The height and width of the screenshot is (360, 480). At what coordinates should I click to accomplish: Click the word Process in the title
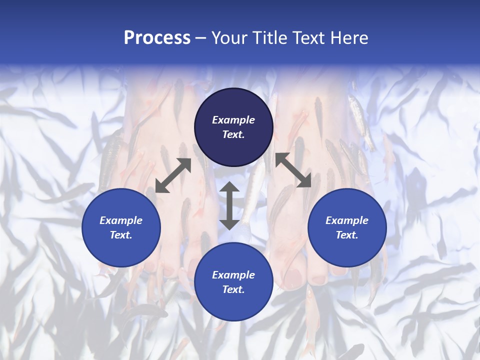pos(157,38)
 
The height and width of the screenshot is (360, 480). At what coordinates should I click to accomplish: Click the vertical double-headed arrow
pos(229,205)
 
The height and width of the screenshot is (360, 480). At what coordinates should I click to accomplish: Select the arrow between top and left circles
pos(173,175)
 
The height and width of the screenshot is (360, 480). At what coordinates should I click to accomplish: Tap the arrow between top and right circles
pos(293,170)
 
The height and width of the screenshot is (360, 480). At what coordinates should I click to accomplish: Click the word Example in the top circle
pos(233,120)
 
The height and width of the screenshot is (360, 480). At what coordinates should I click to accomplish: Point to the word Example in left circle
pos(121,220)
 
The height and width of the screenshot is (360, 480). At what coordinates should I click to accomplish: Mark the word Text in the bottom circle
pos(233,289)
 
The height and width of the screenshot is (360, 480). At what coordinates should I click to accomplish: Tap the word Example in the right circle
pos(347,220)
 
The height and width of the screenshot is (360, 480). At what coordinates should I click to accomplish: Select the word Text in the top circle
pos(233,134)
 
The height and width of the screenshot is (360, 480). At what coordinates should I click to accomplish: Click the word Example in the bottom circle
pos(233,275)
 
